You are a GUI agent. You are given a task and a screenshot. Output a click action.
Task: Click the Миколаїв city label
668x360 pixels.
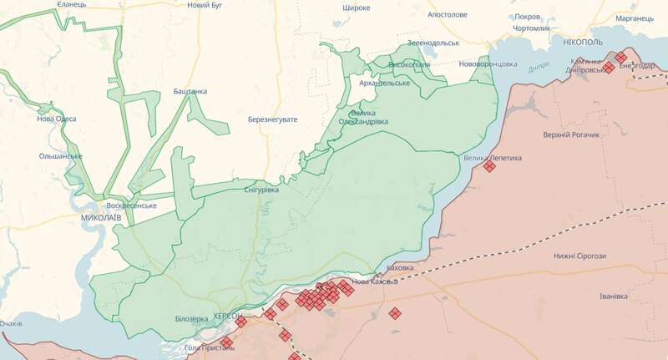coord(101,217)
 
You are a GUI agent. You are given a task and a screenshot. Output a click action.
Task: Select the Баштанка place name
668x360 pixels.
coord(190,91)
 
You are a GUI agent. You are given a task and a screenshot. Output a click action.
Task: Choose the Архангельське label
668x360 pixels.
coord(383,83)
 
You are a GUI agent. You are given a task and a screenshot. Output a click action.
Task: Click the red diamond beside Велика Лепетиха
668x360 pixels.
coord(489,166)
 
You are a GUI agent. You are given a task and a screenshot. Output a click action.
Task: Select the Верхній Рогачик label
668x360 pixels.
coord(571,134)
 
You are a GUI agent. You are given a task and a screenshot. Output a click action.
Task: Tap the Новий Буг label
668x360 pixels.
coord(205,6)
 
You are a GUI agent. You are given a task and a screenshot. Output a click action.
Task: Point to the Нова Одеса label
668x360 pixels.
coord(57,119)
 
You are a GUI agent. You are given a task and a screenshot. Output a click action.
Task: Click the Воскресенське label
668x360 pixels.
coord(132,205)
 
